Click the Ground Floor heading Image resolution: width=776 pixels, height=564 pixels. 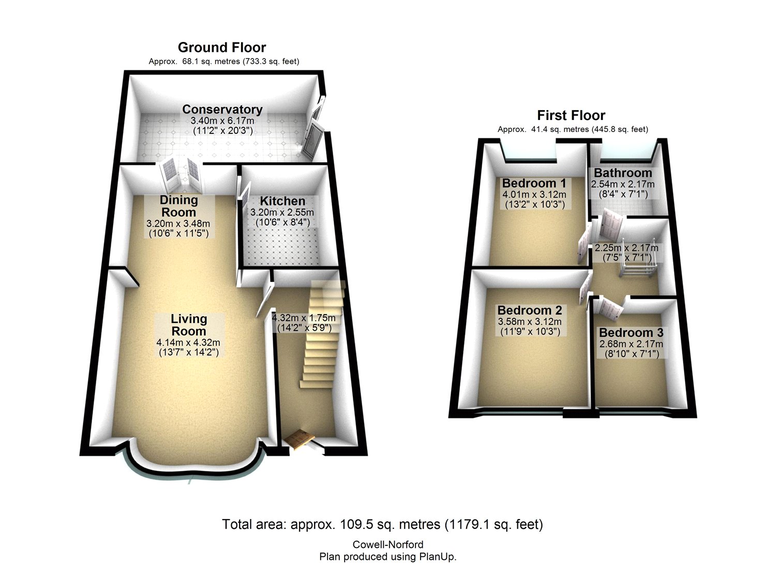221,48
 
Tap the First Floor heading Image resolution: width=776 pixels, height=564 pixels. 571,115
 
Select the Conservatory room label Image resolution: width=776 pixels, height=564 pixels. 222,109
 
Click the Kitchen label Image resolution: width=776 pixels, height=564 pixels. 282,201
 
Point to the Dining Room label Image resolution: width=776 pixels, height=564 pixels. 178,206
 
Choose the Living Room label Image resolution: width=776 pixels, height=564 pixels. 189,325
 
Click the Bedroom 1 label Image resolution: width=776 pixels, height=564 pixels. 534,183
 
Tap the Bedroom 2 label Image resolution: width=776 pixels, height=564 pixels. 529,310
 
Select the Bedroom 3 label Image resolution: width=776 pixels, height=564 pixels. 631,333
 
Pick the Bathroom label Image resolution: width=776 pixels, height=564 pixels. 622,173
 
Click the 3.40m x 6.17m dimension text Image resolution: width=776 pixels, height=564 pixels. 222,121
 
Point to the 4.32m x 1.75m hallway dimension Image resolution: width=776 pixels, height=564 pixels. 304,318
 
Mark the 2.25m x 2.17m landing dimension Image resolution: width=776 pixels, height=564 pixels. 626,248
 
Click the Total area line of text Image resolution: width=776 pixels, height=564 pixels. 382,524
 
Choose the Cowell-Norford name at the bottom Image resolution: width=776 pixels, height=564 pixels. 387,544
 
